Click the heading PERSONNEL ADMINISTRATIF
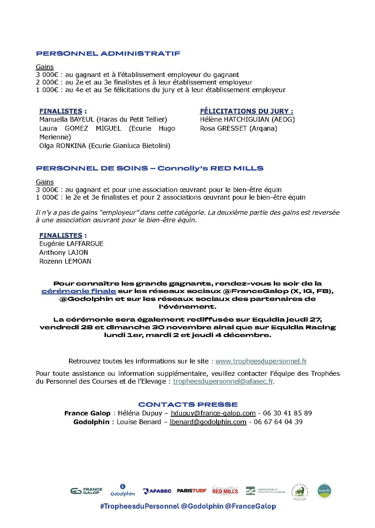(108, 54)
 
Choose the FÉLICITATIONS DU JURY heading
(246, 111)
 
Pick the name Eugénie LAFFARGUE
(71, 244)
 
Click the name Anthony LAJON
(63, 253)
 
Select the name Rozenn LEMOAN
(65, 261)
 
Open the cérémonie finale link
(79, 291)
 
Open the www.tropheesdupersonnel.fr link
(261, 361)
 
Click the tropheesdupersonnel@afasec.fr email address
(223, 381)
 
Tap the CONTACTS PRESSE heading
(188, 404)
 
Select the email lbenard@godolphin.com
(208, 422)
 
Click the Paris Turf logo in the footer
(191, 491)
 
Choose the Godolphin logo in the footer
(123, 491)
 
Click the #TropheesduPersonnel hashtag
(139, 506)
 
